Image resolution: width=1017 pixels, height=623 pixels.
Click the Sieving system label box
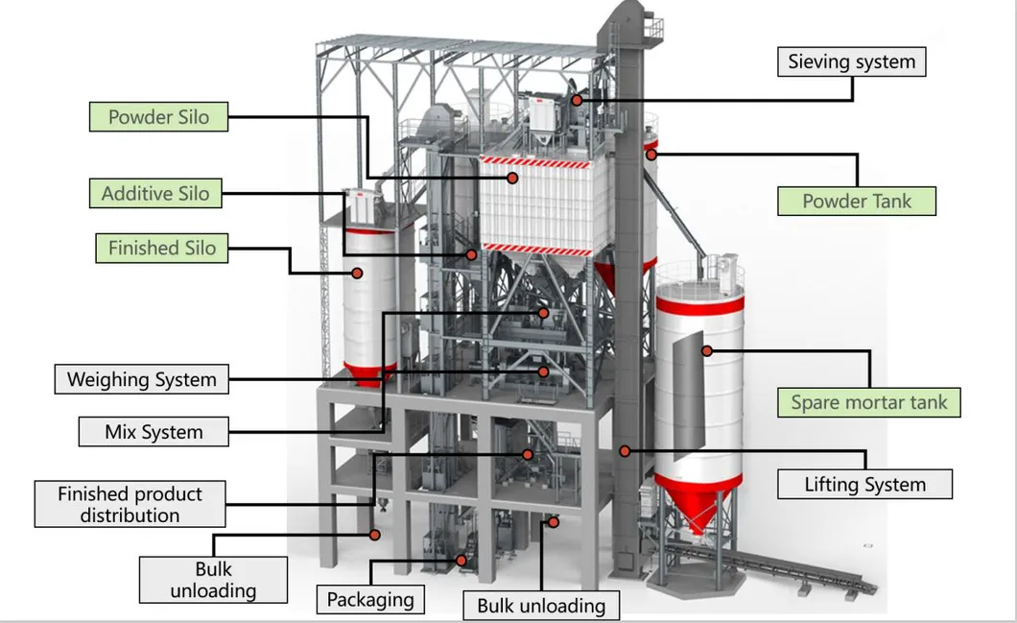point(851,62)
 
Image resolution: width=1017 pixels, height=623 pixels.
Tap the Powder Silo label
point(160,118)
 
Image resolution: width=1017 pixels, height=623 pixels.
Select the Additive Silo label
point(154,193)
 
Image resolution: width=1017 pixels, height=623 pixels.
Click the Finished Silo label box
point(161,248)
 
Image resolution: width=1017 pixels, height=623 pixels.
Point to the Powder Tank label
point(856,202)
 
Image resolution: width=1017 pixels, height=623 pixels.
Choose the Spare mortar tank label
point(868,402)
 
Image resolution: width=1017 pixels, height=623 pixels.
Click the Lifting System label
point(864,484)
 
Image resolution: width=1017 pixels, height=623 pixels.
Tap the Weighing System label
point(141,379)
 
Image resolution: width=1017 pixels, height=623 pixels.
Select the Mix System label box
point(154,432)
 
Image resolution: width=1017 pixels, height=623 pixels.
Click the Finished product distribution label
point(130,505)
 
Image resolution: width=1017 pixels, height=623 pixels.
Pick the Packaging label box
point(370,600)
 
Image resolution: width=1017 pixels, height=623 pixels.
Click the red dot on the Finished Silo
point(357,273)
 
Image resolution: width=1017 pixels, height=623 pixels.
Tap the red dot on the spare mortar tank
point(707,351)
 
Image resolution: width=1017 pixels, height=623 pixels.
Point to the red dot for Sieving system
point(577,100)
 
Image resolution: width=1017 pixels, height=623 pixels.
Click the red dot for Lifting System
point(625,449)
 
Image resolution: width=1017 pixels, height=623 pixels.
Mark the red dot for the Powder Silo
point(513,178)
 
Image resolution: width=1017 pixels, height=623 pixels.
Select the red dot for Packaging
point(461,560)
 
